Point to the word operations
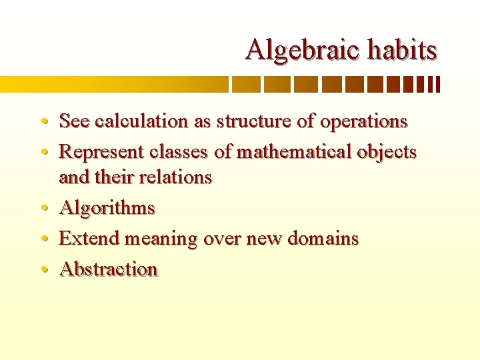[363, 122]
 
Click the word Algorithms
[107, 209]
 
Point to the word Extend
[90, 239]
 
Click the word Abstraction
[108, 269]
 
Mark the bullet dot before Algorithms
[43, 209]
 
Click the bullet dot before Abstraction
[43, 270]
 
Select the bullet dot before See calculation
[43, 122]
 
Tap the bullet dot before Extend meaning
[43, 239]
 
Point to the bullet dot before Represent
[43, 153]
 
